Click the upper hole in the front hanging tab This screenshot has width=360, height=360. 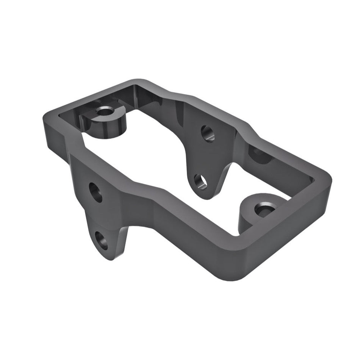(x=96, y=193)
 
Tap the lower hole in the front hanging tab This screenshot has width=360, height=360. (x=101, y=240)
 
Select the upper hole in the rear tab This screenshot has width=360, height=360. (x=207, y=133)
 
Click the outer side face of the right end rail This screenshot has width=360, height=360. (x=288, y=235)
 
